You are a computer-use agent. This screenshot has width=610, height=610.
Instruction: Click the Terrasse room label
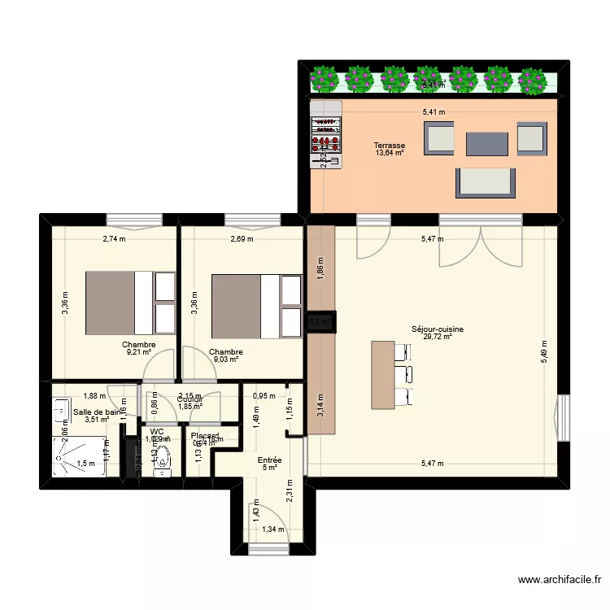(x=390, y=146)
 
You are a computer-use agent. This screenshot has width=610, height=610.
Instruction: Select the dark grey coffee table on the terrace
(x=486, y=144)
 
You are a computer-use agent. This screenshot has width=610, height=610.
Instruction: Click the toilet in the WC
(x=163, y=457)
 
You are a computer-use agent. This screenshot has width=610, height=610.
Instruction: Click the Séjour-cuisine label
(x=438, y=329)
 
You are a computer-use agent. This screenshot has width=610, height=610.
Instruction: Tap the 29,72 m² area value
(x=438, y=337)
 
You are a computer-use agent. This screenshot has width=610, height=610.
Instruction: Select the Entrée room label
(x=270, y=460)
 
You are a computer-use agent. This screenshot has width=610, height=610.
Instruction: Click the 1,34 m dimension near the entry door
(x=274, y=529)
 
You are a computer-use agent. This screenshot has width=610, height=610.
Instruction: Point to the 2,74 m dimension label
(x=115, y=239)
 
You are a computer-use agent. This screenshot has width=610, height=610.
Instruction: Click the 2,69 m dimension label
(x=241, y=239)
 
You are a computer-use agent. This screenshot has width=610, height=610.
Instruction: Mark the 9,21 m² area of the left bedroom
(x=138, y=353)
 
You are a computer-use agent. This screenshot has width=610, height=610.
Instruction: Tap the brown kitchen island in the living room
(x=381, y=374)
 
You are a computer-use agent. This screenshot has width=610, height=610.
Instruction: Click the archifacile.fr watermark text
(x=560, y=580)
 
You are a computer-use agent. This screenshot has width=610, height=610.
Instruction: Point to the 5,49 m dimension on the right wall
(x=544, y=352)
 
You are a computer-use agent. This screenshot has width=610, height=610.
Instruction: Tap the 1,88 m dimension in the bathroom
(x=94, y=396)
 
